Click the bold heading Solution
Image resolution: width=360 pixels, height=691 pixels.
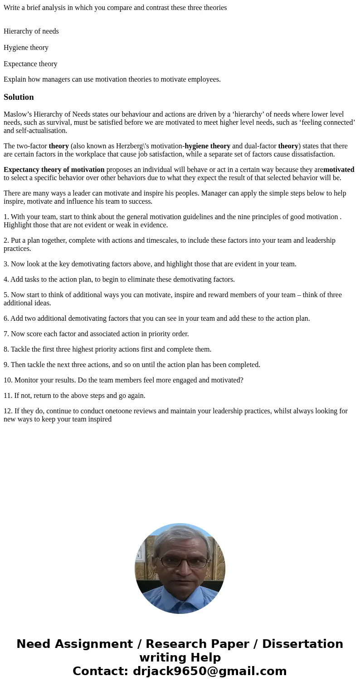click(x=19, y=97)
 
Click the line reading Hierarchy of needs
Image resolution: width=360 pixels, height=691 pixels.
click(x=31, y=31)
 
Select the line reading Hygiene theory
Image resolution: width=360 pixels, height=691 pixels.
click(x=26, y=48)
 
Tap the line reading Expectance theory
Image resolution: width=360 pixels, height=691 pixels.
click(x=30, y=64)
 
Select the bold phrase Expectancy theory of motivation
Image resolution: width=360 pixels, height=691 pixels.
click(x=54, y=170)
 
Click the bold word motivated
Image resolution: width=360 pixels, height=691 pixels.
click(x=339, y=170)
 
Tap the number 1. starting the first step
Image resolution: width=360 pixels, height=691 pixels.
click(x=6, y=217)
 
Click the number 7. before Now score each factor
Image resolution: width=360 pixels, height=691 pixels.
click(x=6, y=334)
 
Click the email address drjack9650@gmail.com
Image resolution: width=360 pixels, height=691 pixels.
click(x=209, y=671)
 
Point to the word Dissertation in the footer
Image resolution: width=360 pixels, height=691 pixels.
click(x=302, y=644)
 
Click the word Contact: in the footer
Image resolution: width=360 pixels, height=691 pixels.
click(x=100, y=671)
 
